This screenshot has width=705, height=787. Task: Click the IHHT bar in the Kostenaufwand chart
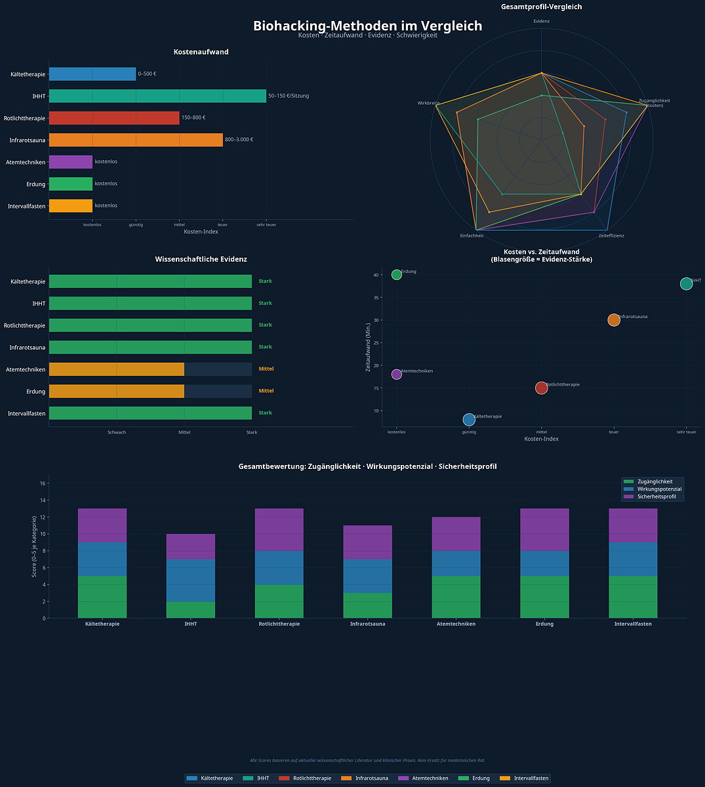tap(157, 96)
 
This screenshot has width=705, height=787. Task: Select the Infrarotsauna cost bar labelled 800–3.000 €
tap(136, 140)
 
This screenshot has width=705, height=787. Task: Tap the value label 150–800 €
tap(193, 118)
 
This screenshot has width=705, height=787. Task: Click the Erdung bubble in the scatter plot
tap(397, 275)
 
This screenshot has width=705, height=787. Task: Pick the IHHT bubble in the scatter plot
tap(686, 284)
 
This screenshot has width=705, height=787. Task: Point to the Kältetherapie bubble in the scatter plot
tap(469, 420)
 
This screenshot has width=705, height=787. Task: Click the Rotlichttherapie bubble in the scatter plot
tap(541, 388)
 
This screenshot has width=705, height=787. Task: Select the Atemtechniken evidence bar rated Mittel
tap(116, 369)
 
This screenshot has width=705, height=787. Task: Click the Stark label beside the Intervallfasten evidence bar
tap(265, 413)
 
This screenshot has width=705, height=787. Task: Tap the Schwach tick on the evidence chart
tap(117, 432)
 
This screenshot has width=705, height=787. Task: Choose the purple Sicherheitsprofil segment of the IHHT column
tap(190, 547)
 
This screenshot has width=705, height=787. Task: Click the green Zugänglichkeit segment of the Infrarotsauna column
tap(367, 605)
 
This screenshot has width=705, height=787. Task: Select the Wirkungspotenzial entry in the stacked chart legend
tap(659, 489)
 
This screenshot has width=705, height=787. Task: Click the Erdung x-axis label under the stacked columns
tap(544, 624)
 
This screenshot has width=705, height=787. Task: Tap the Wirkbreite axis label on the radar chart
tap(428, 103)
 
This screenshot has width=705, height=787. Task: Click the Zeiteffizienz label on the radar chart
tap(611, 235)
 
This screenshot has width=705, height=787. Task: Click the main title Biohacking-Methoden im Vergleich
tap(367, 26)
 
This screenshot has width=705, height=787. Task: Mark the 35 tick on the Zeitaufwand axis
tap(376, 298)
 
